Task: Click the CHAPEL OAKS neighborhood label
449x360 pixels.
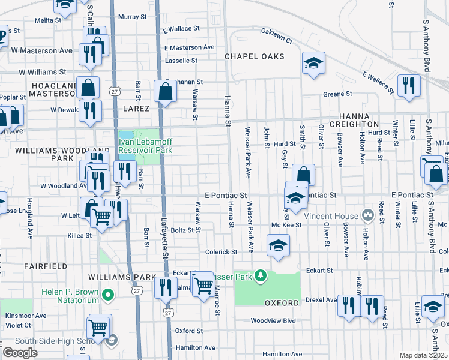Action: tap(255, 56)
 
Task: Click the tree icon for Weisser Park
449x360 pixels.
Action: tap(261, 275)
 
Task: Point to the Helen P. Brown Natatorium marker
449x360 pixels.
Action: tap(108, 295)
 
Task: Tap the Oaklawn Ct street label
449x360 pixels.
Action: tap(276, 36)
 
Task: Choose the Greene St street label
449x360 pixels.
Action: tap(337, 94)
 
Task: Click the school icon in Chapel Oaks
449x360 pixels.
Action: tap(313, 64)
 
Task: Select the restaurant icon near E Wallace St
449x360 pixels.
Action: tap(411, 84)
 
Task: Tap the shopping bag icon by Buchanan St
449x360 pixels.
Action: tap(165, 91)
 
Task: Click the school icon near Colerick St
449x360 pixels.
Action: tap(278, 245)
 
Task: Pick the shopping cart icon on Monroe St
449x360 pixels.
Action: tap(204, 284)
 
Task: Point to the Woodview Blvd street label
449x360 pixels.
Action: tap(274, 320)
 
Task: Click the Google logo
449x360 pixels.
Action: tap(20, 352)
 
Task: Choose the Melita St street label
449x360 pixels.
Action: tap(48, 20)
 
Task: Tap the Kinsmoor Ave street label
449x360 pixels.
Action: tap(25, 315)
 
